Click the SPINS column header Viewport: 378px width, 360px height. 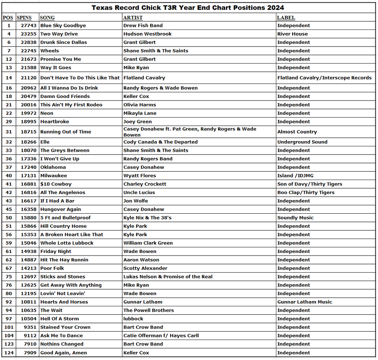click(25, 17)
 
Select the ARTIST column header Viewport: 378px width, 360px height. click(133, 17)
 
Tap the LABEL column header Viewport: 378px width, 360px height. click(286, 17)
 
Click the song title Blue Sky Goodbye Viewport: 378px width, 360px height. click(63, 26)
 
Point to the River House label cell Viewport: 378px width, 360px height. click(292, 34)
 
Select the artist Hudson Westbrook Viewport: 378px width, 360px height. click(147, 34)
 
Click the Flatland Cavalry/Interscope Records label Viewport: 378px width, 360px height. click(324, 78)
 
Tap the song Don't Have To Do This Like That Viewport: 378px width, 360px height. click(80, 78)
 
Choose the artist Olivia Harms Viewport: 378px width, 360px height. click(139, 105)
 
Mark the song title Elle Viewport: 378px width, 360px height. click(45, 142)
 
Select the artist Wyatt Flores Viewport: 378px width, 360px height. click(139, 176)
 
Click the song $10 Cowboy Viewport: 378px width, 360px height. click(56, 184)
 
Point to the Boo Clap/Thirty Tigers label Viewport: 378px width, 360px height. click(306, 192)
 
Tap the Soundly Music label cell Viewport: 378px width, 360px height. click(295, 218)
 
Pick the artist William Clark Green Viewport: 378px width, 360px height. click(148, 243)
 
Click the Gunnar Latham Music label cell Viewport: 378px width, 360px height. click(305, 302)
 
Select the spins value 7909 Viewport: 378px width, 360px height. click(30, 353)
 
